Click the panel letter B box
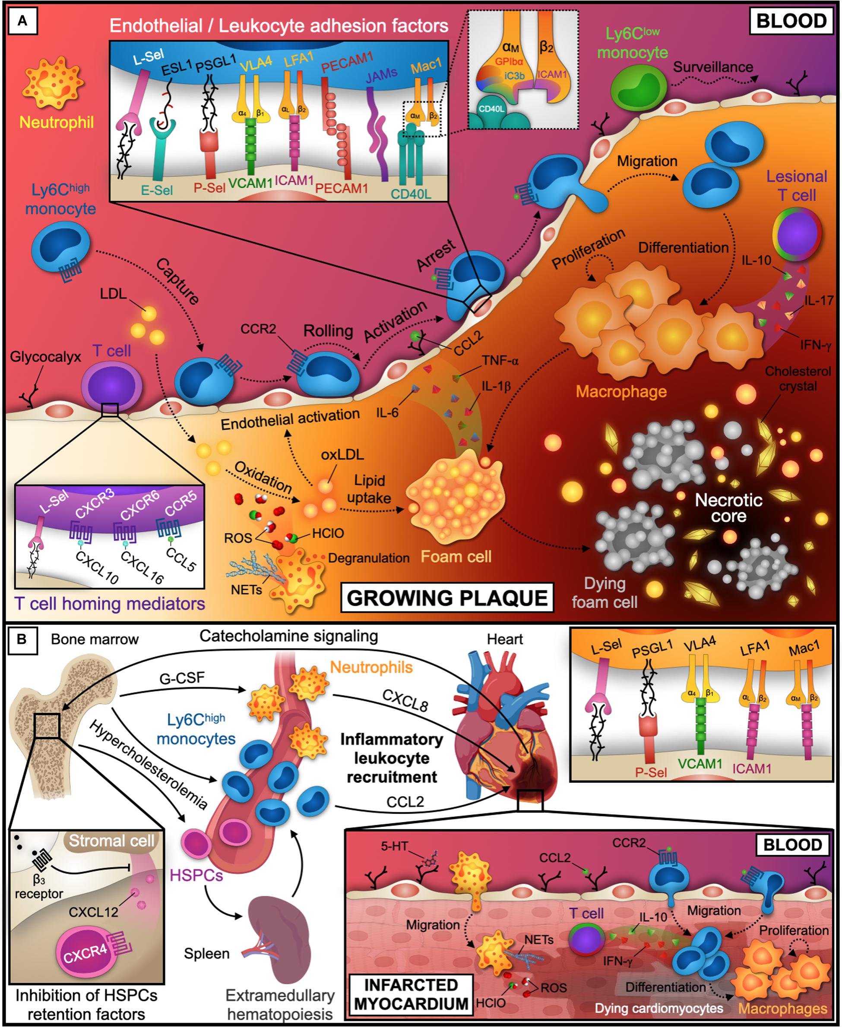coord(22,639)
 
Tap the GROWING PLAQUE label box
coord(447,598)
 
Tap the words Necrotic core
coord(728,507)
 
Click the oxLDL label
coord(342,455)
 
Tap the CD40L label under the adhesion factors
coord(411,193)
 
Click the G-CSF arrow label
coord(182,678)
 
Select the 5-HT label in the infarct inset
coord(394,846)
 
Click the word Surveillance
coord(712,67)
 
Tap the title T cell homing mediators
coord(110,603)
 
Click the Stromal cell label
coord(111,841)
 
